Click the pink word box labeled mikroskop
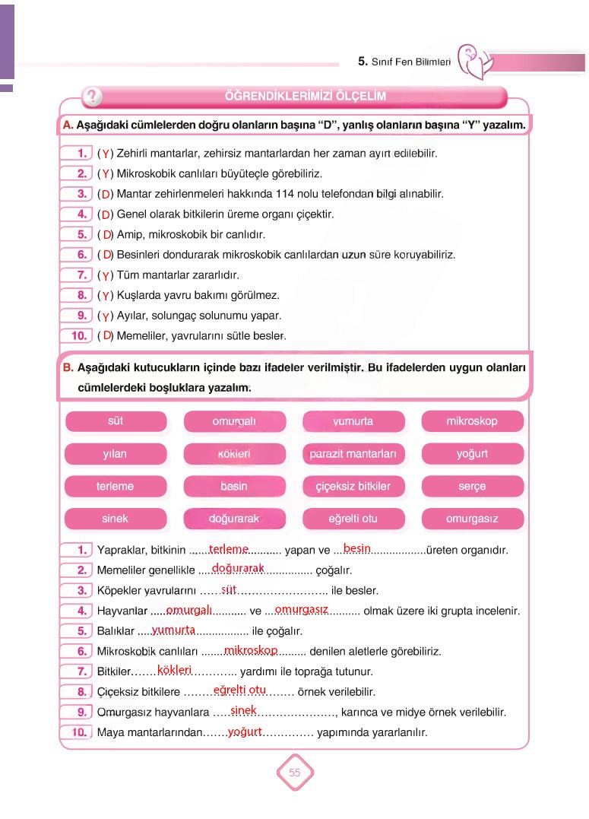point(472,421)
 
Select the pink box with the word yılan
point(115,454)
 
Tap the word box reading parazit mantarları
point(353,454)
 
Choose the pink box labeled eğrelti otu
point(353,519)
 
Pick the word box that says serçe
point(472,487)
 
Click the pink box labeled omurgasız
point(472,519)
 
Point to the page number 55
point(295,773)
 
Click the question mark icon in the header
point(91,97)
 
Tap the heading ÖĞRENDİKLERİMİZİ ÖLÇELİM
point(306,97)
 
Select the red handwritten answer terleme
point(229,548)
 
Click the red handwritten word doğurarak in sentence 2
point(238,568)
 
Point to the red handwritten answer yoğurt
point(245,732)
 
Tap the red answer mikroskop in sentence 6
point(251,650)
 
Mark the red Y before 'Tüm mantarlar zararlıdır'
point(106,275)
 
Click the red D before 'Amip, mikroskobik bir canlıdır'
point(107,234)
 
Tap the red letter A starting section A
point(67,125)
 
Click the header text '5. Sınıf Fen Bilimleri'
point(404,62)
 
